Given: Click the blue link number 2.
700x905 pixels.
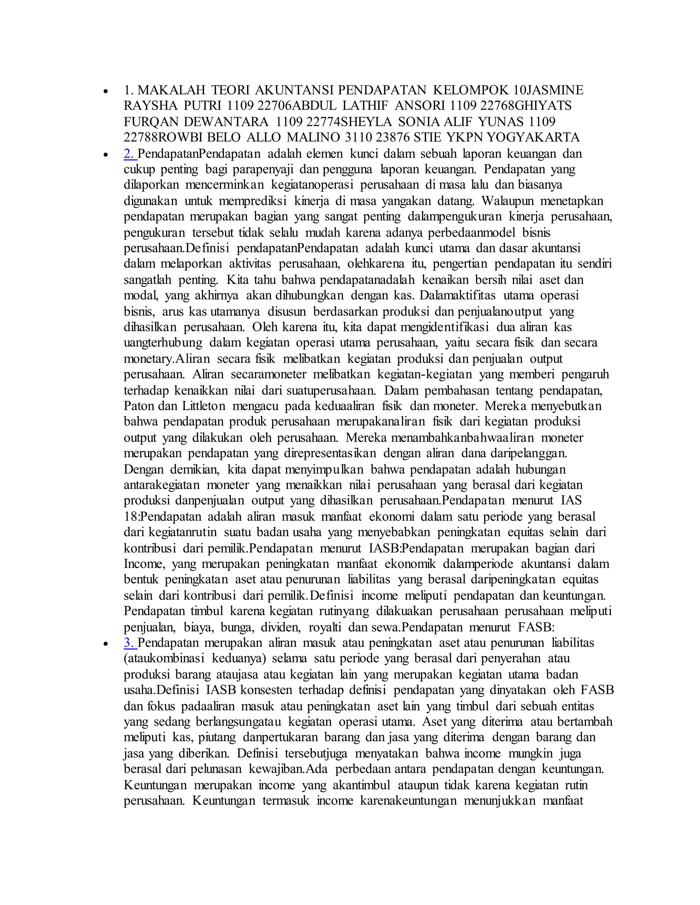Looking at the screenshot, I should click(x=130, y=154).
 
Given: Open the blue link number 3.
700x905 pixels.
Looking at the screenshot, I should click(x=130, y=643).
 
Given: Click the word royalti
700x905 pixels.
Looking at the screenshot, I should click(x=325, y=627).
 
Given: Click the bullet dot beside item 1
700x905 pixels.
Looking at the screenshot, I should click(x=107, y=91).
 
